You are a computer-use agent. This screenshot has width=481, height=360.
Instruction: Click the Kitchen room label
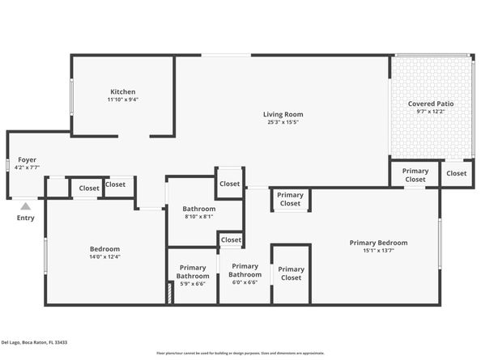tap(123, 91)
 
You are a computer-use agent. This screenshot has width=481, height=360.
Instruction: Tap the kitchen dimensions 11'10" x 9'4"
tap(123, 100)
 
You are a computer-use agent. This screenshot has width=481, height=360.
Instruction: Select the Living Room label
tap(283, 113)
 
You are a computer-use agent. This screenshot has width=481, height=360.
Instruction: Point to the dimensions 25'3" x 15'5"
tap(283, 122)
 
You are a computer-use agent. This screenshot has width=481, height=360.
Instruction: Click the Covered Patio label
tap(431, 104)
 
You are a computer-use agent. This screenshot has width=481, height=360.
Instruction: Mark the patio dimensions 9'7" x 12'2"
tap(431, 112)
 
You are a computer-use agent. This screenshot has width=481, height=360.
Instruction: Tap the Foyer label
tap(27, 159)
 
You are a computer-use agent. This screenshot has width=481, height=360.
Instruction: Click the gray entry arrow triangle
tap(26, 205)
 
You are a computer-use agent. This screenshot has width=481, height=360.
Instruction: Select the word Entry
tap(26, 218)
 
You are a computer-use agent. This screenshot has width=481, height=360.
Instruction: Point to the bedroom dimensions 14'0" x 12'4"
tap(104, 257)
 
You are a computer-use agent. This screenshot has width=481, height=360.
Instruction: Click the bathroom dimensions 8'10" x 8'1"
tap(198, 216)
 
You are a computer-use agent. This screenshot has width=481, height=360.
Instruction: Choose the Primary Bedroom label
tap(378, 242)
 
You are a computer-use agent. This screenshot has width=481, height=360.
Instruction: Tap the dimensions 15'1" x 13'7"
tap(378, 251)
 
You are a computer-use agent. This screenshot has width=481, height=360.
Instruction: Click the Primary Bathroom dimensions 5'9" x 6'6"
tap(193, 284)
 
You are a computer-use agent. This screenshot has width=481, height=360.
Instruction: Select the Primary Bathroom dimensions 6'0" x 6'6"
tap(245, 282)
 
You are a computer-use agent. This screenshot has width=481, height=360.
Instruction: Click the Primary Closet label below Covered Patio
tap(415, 175)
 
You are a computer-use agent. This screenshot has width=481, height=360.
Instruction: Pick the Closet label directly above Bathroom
tap(230, 184)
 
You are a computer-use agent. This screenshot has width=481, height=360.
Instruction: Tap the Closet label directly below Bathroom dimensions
tap(231, 239)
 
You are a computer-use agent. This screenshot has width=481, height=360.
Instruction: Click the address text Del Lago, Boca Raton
tap(34, 342)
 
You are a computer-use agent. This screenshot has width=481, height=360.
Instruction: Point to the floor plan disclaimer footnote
tap(240, 354)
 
